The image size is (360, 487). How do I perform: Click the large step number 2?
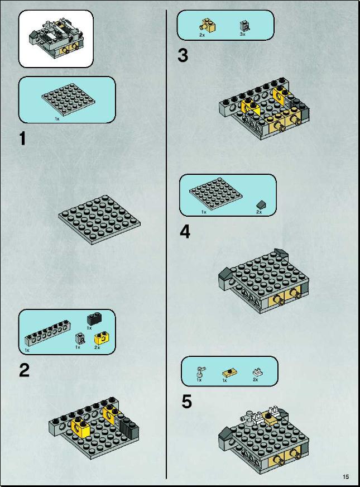24,370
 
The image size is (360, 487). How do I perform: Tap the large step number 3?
183,55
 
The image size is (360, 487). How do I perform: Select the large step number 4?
185,232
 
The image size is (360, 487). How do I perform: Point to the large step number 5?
187,402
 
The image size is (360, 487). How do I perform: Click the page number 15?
345,476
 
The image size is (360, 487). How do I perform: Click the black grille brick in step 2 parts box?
94,319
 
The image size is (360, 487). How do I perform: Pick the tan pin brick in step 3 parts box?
208,26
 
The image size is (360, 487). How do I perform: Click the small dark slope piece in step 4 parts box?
261,204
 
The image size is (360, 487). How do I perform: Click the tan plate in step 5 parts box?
229,373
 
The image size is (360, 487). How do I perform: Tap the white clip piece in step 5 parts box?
257,371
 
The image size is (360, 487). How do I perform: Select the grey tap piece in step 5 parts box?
201,371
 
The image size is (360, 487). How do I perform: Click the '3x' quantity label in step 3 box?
243,34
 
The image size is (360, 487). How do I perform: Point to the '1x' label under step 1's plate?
57,118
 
